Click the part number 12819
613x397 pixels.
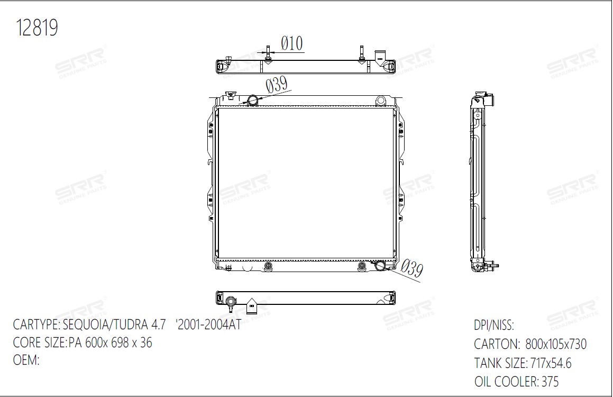[36, 28]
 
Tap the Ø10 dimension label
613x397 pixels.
[292, 43]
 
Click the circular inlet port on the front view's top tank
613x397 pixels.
[252, 100]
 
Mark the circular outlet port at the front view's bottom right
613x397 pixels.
[380, 266]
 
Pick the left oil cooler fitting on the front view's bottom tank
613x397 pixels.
[268, 266]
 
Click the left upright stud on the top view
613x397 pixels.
[268, 53]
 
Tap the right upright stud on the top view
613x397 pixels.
[362, 53]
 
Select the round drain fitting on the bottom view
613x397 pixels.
[231, 302]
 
